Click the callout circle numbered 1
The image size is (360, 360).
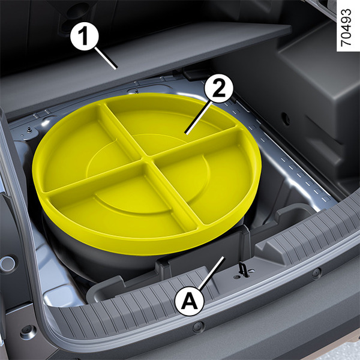(x=85, y=36)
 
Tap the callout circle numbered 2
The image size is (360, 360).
(x=218, y=88)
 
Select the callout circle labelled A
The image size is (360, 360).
(x=189, y=301)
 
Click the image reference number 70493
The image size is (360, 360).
(x=346, y=28)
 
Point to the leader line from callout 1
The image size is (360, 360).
(x=106, y=58)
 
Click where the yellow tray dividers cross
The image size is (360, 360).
(x=147, y=159)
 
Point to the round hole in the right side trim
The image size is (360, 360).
(x=286, y=118)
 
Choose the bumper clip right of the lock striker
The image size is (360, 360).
(x=317, y=272)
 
